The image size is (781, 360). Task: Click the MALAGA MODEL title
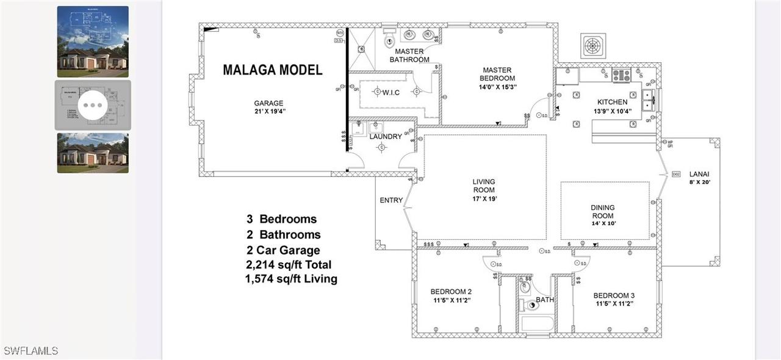point(272,70)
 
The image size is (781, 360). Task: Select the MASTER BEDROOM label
point(497,74)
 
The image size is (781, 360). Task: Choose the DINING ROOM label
point(602,212)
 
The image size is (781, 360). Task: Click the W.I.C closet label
point(391,92)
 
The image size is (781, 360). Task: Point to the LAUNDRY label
point(386,137)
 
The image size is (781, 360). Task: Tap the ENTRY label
point(391,200)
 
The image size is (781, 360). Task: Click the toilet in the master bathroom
point(389,40)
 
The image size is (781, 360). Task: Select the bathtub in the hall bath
point(537,323)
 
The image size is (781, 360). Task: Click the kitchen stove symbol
point(621,75)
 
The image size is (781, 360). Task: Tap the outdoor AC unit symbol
point(592,45)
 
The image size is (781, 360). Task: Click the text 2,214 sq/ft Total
point(289,265)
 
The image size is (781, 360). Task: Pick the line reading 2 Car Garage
point(283,250)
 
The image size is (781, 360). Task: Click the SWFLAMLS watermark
point(31,351)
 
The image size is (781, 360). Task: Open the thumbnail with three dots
point(93,105)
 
